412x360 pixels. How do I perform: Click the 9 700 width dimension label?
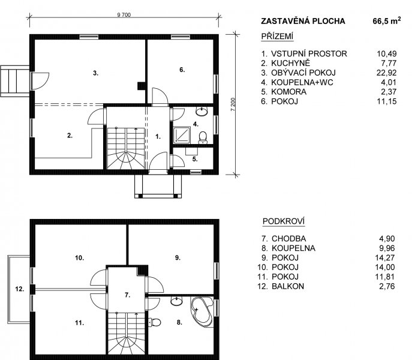pyautogui.click(x=124, y=15)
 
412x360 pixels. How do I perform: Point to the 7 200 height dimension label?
pyautogui.click(x=233, y=104)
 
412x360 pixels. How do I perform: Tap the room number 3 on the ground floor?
pyautogui.click(x=95, y=73)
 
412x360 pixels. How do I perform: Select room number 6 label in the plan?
pyautogui.click(x=182, y=70)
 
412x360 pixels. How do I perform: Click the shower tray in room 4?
pyautogui.click(x=182, y=135)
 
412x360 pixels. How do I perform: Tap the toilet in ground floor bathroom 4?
pyautogui.click(x=203, y=137)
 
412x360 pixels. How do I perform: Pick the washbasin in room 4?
pyautogui.click(x=202, y=112)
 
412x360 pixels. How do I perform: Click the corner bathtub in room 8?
pyautogui.click(x=202, y=312)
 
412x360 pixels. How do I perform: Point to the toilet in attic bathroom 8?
pyautogui.click(x=155, y=322)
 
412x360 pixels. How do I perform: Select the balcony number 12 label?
pyautogui.click(x=20, y=289)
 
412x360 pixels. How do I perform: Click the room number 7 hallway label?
pyautogui.click(x=127, y=295)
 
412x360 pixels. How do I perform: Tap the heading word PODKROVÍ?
pyautogui.click(x=284, y=221)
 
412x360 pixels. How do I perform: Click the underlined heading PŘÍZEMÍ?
pyautogui.click(x=277, y=36)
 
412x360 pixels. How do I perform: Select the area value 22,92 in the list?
pyautogui.click(x=386, y=73)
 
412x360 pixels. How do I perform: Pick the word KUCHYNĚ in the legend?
pyautogui.click(x=291, y=63)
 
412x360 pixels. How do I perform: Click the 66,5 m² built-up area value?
pyautogui.click(x=387, y=21)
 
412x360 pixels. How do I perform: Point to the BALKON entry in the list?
pyautogui.click(x=288, y=286)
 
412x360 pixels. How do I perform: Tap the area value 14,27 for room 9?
pyautogui.click(x=385, y=258)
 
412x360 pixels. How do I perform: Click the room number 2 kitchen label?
pyautogui.click(x=70, y=136)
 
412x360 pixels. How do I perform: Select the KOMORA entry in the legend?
pyautogui.click(x=289, y=92)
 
